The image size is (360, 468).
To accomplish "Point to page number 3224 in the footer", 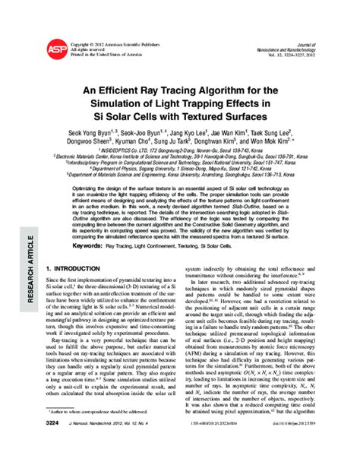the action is (x=55, y=453).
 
